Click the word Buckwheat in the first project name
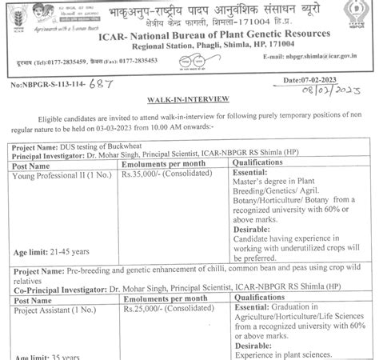[x=119, y=149]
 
